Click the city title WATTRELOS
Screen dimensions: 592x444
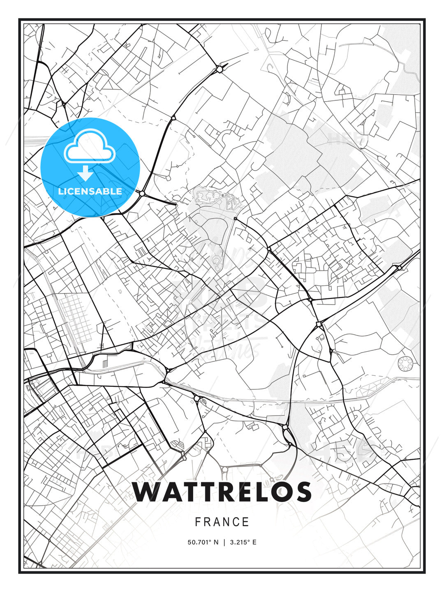[x=222, y=492]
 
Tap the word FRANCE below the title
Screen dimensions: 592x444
[x=222, y=522]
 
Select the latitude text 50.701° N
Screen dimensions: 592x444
[x=203, y=542]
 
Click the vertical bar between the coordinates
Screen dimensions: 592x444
[x=224, y=542]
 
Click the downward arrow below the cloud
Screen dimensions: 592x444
[x=86, y=173]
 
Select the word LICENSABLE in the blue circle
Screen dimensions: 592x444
[x=90, y=191]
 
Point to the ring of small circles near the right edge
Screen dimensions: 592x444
[x=406, y=363]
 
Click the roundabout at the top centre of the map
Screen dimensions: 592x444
[x=220, y=69]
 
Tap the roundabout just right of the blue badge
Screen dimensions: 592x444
[x=142, y=193]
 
